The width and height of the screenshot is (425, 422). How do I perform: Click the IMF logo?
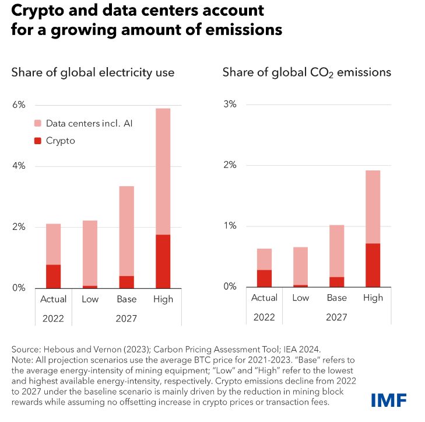(x=388, y=399)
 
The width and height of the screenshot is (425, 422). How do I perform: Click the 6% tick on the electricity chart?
(x=19, y=105)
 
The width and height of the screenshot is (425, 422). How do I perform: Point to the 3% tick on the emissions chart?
(x=230, y=104)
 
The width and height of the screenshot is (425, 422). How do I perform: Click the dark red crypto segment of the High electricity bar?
(x=163, y=261)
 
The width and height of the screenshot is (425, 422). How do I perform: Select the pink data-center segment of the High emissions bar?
(x=373, y=207)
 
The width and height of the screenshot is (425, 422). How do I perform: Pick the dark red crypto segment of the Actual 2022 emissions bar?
(x=264, y=278)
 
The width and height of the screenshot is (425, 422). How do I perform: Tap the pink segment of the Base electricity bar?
(x=127, y=231)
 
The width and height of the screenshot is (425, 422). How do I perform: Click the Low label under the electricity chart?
(x=90, y=299)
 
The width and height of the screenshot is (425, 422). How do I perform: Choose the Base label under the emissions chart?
(x=336, y=298)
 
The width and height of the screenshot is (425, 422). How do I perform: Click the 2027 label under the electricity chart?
(x=126, y=319)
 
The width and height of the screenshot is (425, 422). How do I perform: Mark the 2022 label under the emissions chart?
(x=264, y=318)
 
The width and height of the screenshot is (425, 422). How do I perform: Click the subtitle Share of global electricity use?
(x=93, y=73)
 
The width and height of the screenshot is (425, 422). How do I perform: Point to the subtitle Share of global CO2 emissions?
(x=307, y=73)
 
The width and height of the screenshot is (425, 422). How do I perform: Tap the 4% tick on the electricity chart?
(x=19, y=166)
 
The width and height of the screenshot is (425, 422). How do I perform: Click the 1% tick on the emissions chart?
(x=230, y=226)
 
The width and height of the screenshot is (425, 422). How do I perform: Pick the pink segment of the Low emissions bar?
(x=300, y=266)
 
